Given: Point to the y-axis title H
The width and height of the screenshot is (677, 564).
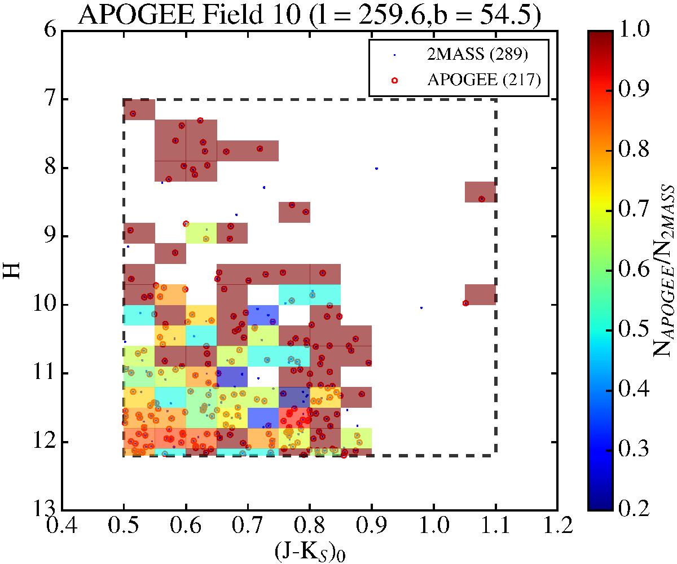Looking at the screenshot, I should pos(15,268).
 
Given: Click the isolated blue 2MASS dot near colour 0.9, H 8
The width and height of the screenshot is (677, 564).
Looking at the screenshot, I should pos(376,169).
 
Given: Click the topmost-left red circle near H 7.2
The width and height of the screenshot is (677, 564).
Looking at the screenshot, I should pos(133,114).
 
